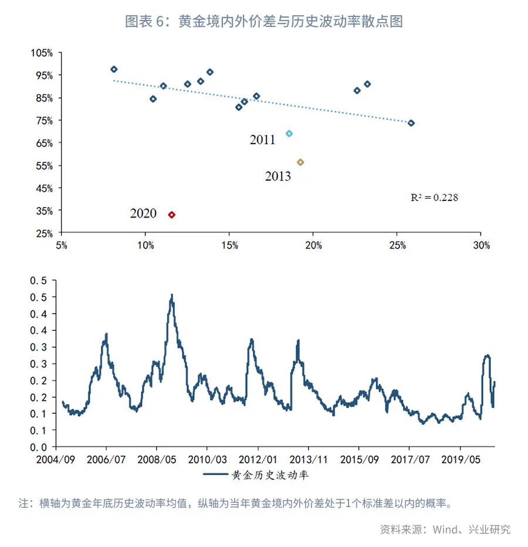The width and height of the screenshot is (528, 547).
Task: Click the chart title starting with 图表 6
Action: click(263, 22)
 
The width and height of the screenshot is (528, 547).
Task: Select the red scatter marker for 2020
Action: click(171, 215)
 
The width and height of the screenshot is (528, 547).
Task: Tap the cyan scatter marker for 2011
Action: click(289, 134)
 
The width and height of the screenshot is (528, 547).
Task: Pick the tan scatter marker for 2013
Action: click(300, 162)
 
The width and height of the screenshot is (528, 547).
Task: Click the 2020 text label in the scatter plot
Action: click(143, 213)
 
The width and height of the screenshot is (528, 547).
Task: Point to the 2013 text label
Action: click(277, 176)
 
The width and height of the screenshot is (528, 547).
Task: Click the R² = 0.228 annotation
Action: click(434, 198)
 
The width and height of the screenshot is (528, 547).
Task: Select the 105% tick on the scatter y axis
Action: click(42, 53)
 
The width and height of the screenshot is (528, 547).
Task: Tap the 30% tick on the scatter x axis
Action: click(480, 245)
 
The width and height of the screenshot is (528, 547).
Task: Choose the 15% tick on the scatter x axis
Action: click(229, 245)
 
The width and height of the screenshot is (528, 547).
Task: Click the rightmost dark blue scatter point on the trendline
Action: click(411, 123)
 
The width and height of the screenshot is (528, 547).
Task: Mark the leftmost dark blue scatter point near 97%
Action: click(114, 69)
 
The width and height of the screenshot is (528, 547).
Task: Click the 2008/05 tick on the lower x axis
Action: click(156, 458)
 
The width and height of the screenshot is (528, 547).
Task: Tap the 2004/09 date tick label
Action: click(56, 458)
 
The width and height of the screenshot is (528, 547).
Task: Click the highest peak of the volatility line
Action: click(171, 295)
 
